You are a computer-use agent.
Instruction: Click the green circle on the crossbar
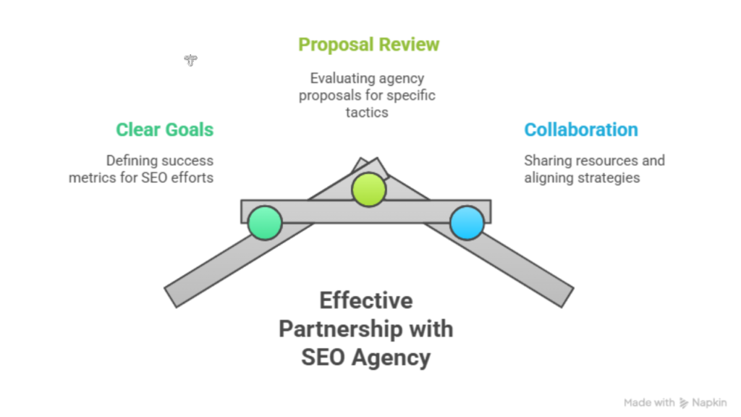pyautogui.click(x=264, y=222)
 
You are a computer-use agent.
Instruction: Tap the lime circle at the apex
pyautogui.click(x=368, y=190)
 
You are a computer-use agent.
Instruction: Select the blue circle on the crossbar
pyautogui.click(x=467, y=222)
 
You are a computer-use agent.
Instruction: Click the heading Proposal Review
pyautogui.click(x=368, y=44)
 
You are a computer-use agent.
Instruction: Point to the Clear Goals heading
pyautogui.click(x=165, y=130)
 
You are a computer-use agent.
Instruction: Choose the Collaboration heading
pyautogui.click(x=581, y=130)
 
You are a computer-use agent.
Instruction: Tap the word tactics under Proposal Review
pyautogui.click(x=367, y=111)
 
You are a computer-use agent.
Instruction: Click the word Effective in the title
pyautogui.click(x=366, y=300)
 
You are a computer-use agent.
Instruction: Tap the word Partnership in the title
pyautogui.click(x=336, y=329)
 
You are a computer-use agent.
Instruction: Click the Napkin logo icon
pyautogui.click(x=685, y=403)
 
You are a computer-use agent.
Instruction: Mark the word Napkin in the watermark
pyautogui.click(x=710, y=403)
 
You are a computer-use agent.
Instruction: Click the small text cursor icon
pyautogui.click(x=190, y=60)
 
